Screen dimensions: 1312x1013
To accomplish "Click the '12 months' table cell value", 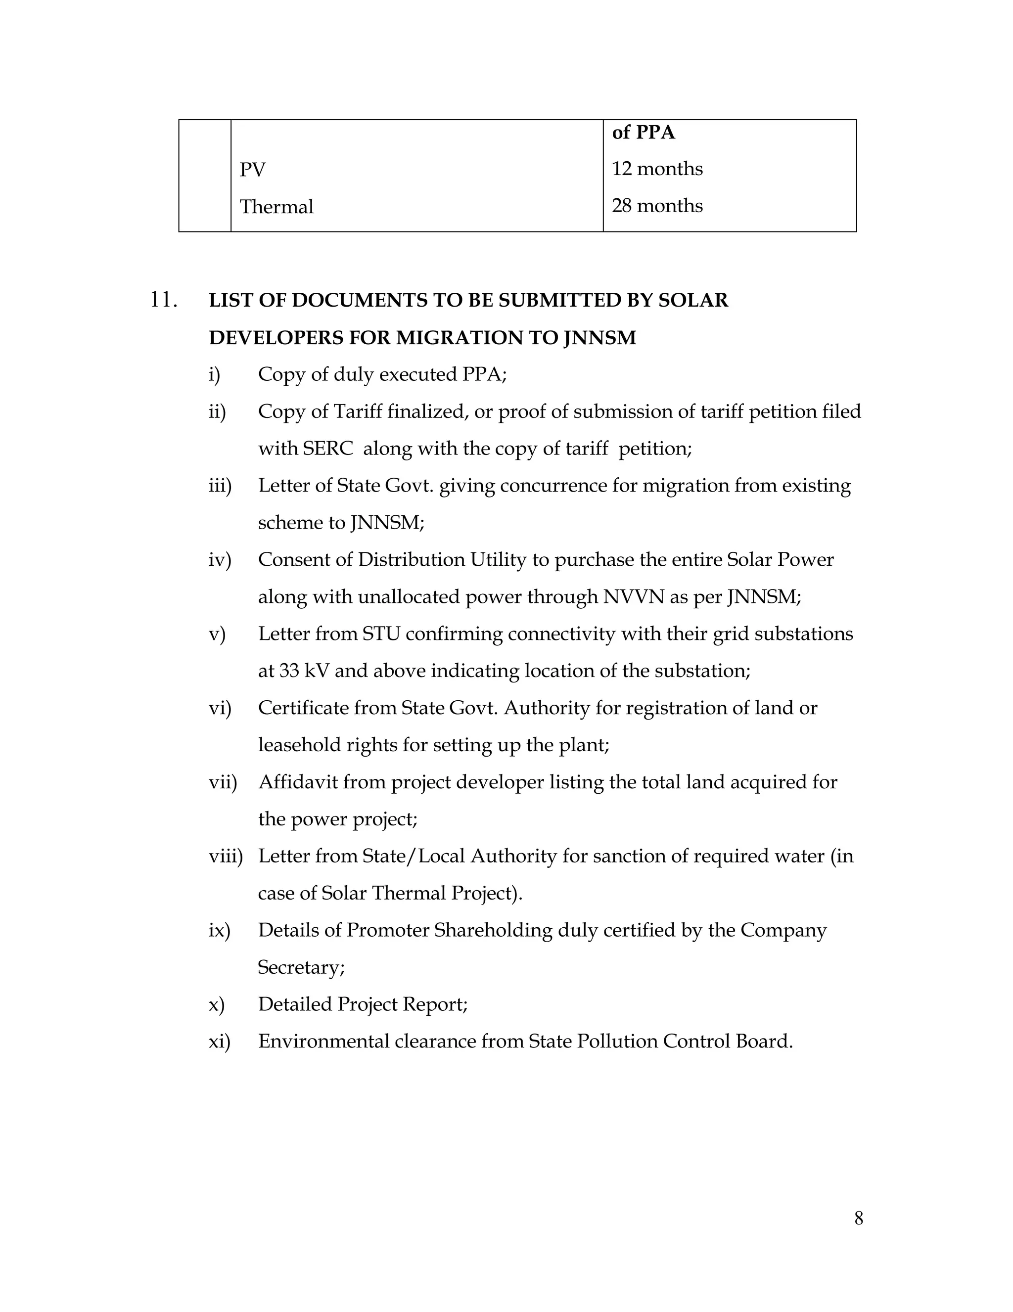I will pos(657,169).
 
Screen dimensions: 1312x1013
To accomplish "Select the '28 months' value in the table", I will pos(657,206).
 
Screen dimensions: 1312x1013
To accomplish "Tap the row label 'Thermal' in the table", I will pos(276,207).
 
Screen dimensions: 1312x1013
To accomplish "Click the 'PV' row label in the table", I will pos(252,170).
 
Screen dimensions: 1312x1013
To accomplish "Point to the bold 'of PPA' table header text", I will pos(643,132).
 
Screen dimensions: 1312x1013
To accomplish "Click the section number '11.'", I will pos(163,300).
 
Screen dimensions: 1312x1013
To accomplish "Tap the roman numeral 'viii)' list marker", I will pos(226,856).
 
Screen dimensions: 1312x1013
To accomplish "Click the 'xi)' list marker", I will pos(219,1041).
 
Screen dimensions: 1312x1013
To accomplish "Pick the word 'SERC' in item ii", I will pos(328,449).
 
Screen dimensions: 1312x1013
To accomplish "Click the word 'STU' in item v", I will pos(381,634).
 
